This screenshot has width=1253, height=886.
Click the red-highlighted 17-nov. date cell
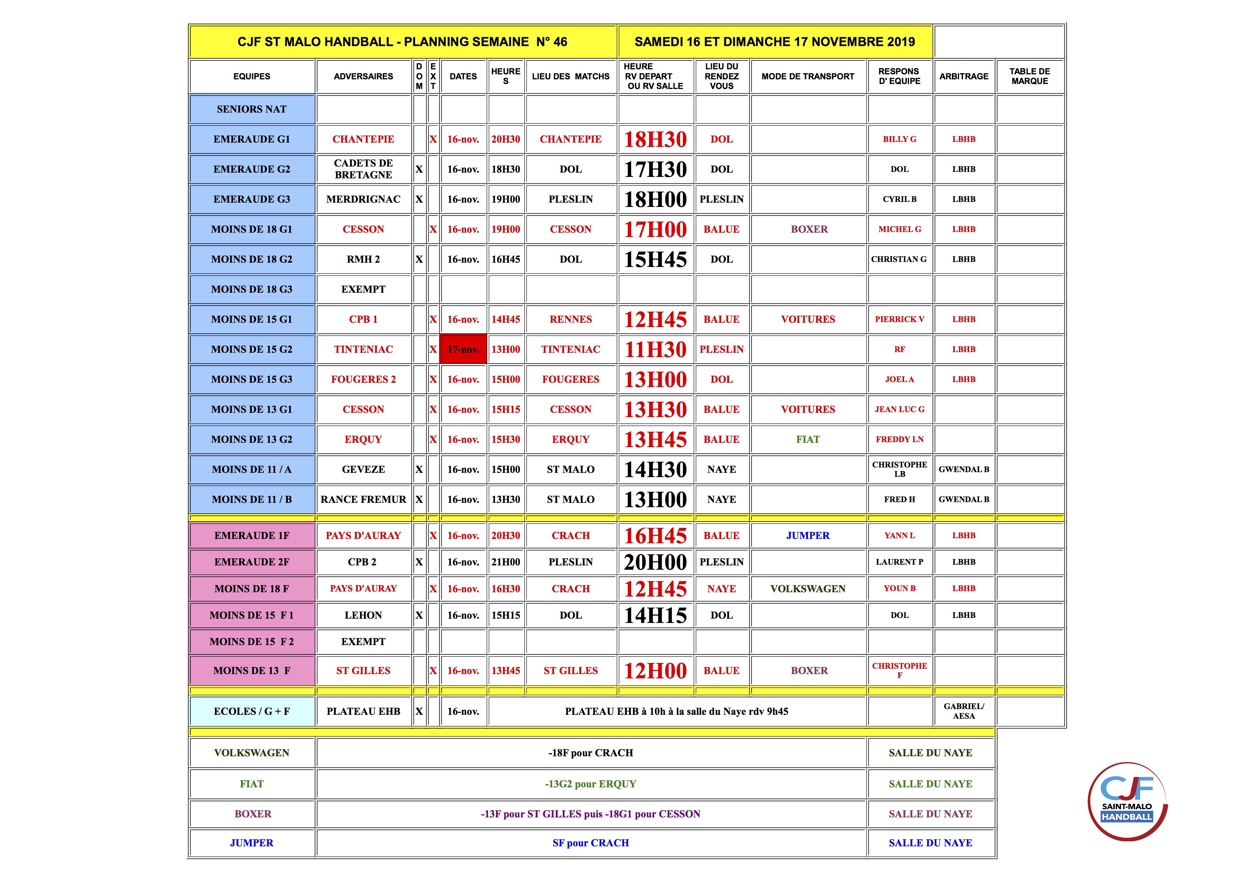[x=463, y=350]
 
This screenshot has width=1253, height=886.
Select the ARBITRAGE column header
[x=963, y=76]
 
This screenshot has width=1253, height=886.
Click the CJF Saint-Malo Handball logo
[x=1127, y=801]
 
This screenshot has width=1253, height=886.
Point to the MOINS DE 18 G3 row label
[x=251, y=289]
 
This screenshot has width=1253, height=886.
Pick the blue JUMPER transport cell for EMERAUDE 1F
[x=808, y=535]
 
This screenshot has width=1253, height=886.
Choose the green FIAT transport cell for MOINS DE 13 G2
[x=808, y=440]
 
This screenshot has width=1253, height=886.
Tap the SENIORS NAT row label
[x=251, y=109]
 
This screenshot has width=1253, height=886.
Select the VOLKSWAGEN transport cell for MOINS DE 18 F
[x=808, y=589]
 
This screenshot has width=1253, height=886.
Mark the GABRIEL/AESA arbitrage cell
[x=963, y=711]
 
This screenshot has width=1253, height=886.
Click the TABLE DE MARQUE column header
[x=1029, y=76]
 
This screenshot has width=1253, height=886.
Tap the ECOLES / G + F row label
[x=251, y=711]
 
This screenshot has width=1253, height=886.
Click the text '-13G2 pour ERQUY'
[x=590, y=784]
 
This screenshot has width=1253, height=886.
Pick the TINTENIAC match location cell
[x=570, y=350]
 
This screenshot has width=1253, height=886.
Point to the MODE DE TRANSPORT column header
[x=808, y=76]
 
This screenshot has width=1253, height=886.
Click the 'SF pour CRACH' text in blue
[x=590, y=843]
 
